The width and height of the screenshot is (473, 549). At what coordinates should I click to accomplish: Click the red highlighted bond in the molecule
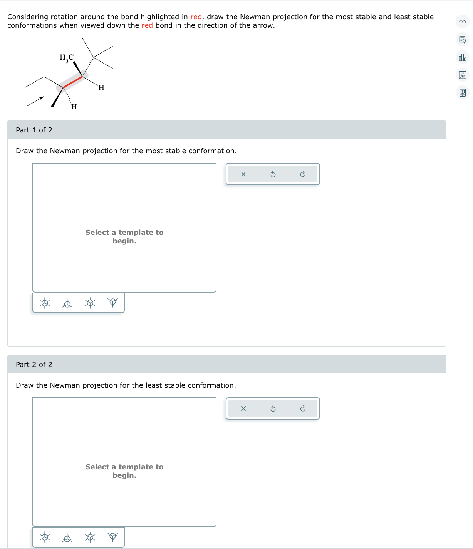point(73,82)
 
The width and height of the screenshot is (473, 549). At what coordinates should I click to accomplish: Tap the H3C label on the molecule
point(67,58)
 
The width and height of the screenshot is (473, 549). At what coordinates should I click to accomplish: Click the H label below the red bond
point(74,107)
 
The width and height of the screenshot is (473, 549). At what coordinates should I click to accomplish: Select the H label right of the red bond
point(101,88)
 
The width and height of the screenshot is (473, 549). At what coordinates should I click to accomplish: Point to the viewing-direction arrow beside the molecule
point(35,101)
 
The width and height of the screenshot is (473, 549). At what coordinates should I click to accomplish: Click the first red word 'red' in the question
point(196,17)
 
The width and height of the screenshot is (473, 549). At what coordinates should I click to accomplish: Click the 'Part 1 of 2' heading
point(34,130)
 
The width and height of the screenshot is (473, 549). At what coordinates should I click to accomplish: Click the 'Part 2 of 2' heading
point(34,365)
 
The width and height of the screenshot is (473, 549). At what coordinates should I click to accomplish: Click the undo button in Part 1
point(273,174)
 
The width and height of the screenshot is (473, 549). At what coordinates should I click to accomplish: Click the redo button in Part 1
point(303,174)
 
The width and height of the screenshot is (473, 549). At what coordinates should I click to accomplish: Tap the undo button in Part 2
point(273,408)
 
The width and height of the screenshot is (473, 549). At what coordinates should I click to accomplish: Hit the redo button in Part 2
point(303,408)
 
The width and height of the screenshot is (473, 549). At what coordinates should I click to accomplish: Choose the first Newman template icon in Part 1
point(45,303)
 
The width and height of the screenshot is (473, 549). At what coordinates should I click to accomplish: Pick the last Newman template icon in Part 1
point(113,303)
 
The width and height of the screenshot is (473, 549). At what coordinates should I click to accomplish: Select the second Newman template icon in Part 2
point(67,537)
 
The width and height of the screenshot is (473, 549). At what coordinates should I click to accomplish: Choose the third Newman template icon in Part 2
point(90,537)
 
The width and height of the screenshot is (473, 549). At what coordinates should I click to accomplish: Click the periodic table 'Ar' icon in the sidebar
point(463,75)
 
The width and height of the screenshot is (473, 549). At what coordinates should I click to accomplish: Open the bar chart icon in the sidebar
point(463,57)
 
